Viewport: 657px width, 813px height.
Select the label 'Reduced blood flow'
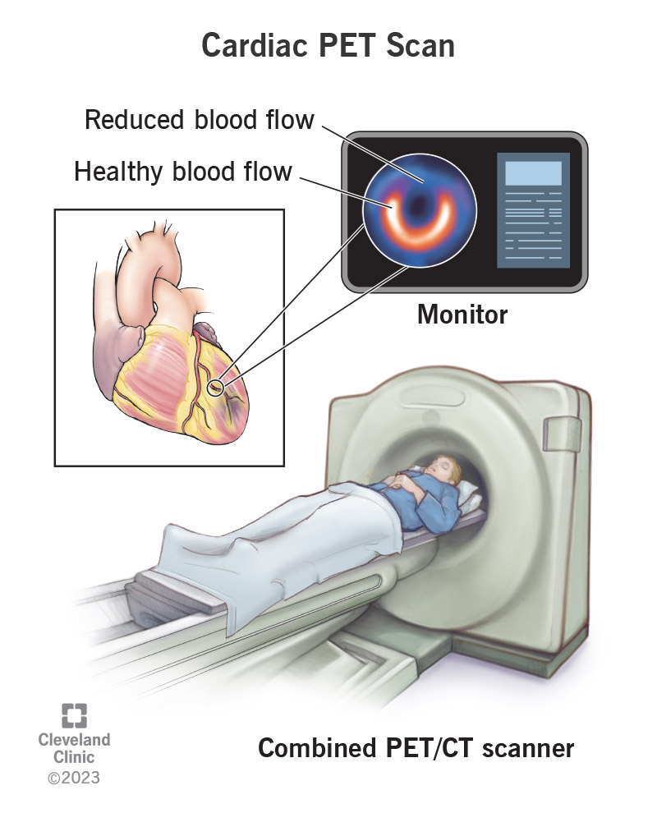200,120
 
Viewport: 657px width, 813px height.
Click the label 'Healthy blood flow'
183,171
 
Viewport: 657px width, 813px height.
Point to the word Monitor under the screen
462,314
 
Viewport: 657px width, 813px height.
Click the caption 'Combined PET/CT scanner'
416,748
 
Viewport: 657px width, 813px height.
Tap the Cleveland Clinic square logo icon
74,714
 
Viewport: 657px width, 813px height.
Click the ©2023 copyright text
74,777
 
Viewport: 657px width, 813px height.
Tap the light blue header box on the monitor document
533,172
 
